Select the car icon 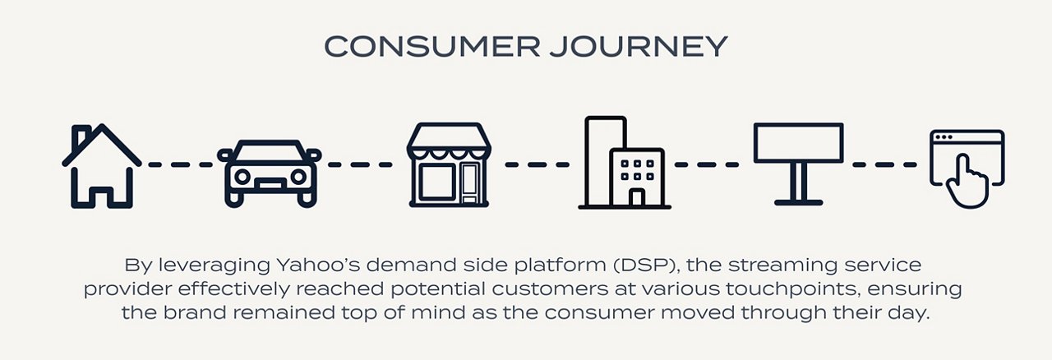[x=269, y=173]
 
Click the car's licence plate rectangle [x=270, y=184]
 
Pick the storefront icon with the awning [x=449, y=165]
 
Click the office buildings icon [x=625, y=162]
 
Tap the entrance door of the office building [x=636, y=197]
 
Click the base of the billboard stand [x=798, y=202]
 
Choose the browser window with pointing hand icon [x=967, y=168]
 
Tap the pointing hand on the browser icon [x=967, y=182]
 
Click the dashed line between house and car [x=180, y=165]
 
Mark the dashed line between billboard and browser [x=885, y=165]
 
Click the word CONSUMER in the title [x=432, y=47]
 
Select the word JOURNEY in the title [x=639, y=47]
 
